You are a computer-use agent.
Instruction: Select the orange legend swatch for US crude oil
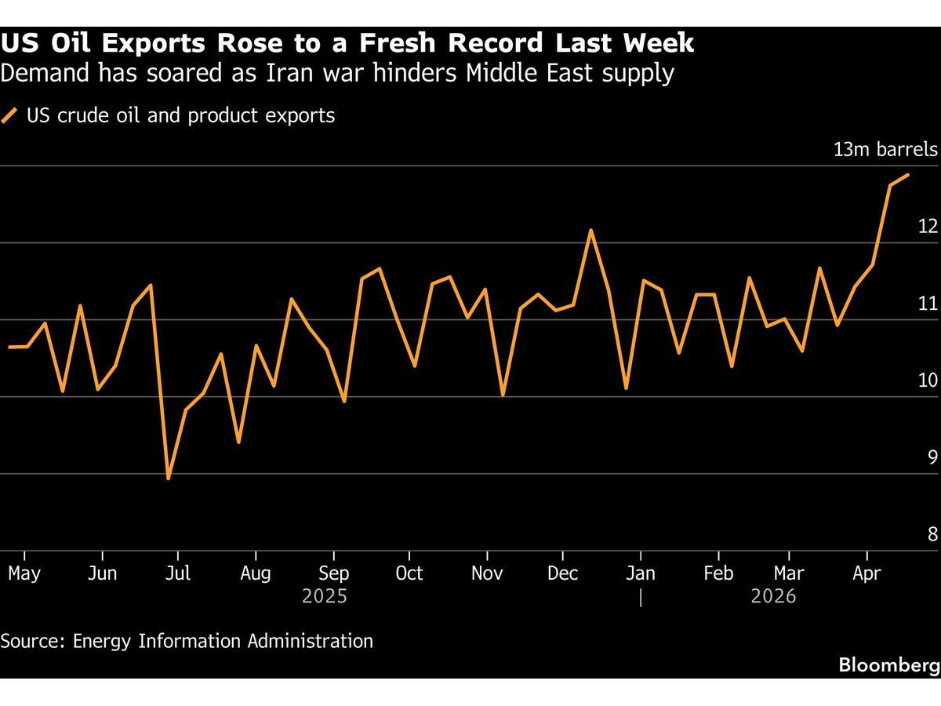9,116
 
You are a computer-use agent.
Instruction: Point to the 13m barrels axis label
885,149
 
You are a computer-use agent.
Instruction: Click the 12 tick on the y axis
928,226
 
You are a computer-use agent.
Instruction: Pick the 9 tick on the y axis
932,457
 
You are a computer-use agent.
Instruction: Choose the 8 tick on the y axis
932,534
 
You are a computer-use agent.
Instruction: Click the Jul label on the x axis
178,573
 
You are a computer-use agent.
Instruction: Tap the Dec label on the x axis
562,573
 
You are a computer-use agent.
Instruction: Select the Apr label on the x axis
866,573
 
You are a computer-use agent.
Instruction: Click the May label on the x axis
24,573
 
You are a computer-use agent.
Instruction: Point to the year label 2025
325,597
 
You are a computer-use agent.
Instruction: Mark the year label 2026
773,597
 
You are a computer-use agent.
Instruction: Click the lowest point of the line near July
168,478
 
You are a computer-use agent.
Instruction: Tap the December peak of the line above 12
590,231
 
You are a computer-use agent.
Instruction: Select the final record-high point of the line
907,175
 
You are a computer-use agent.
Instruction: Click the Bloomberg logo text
888,665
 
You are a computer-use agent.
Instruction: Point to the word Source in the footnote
32,641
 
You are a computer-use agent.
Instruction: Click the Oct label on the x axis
409,573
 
